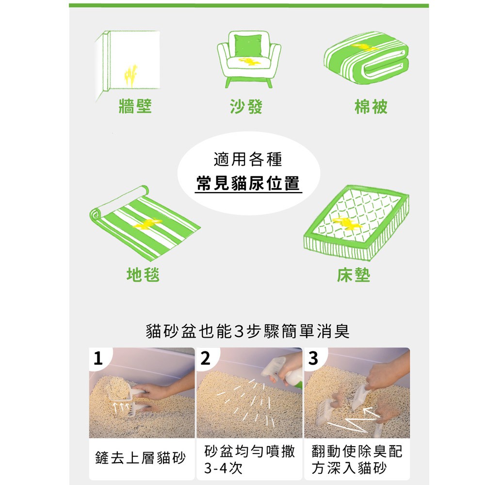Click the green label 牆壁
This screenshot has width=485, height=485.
pyautogui.click(x=135, y=106)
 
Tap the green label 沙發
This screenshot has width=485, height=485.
pyautogui.click(x=246, y=107)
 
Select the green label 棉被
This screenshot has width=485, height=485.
pyautogui.click(x=371, y=107)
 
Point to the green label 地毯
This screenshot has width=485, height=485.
pyautogui.click(x=143, y=275)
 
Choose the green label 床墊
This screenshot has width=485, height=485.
pyautogui.click(x=354, y=275)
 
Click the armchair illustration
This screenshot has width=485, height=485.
pyautogui.click(x=249, y=59)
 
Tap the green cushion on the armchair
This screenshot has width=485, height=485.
pyautogui.click(x=248, y=45)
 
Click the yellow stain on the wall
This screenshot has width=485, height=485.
pyautogui.click(x=130, y=76)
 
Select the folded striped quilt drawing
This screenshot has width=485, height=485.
pyautogui.click(x=366, y=58)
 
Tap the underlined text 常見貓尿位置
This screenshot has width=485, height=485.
pyautogui.click(x=248, y=183)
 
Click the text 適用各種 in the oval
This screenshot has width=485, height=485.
pyautogui.click(x=248, y=159)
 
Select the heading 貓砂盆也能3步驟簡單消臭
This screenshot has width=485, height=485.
pyautogui.click(x=248, y=331)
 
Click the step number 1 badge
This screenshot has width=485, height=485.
pyautogui.click(x=98, y=358)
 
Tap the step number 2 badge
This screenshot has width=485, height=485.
pyautogui.click(x=205, y=358)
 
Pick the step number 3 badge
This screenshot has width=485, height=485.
pyautogui.click(x=313, y=358)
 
